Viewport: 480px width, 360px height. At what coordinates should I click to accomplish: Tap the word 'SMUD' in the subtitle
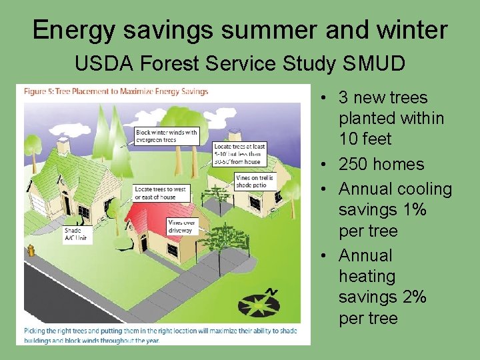click(374, 64)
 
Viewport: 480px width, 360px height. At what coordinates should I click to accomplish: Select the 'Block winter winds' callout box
click(167, 136)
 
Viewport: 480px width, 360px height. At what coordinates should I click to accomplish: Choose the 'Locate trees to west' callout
click(161, 193)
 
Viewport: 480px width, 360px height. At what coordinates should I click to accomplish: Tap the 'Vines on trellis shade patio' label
click(254, 181)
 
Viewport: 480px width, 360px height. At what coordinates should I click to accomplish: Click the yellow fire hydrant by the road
click(30, 251)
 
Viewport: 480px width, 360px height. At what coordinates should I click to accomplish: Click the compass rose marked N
click(260, 303)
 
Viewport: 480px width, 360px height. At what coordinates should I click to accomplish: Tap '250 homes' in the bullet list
click(381, 164)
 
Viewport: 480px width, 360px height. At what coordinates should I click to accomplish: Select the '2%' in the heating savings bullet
click(411, 297)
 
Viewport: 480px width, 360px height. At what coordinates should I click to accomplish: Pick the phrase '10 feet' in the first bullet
click(365, 139)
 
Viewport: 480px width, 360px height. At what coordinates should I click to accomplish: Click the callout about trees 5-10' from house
click(239, 154)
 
